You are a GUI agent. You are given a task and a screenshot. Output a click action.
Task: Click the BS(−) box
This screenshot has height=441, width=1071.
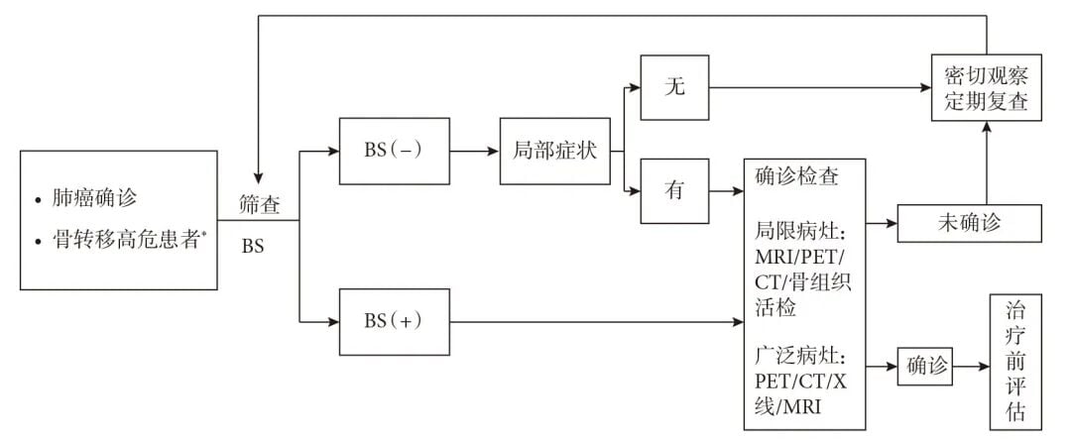coord(393,152)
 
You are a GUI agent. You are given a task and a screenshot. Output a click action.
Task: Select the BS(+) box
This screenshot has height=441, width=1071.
coord(393,322)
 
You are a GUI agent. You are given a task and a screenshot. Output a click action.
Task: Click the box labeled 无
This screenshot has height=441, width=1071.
coord(674,87)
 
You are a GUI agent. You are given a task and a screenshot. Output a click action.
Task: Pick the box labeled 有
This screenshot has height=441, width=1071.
coord(674,191)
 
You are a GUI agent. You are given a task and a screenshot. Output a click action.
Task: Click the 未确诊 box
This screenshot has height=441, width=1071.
coord(969,223)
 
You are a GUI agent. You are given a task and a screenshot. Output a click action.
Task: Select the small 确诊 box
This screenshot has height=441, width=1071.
coord(924,366)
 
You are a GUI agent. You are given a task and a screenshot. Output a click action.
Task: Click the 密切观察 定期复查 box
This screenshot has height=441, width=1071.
coord(986,87)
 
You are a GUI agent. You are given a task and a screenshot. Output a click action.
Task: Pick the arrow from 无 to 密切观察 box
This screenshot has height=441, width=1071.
coord(818,87)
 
